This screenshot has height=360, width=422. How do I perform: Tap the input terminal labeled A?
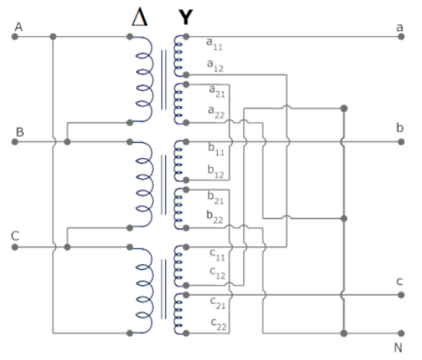15,37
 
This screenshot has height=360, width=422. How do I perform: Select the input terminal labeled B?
15,141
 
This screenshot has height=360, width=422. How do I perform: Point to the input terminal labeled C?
15,247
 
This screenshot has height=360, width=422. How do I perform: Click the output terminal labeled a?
398,37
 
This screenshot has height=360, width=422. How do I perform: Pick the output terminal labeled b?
398,141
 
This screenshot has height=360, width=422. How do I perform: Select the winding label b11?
215,152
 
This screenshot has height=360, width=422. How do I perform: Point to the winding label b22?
215,216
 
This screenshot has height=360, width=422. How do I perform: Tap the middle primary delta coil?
146,184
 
